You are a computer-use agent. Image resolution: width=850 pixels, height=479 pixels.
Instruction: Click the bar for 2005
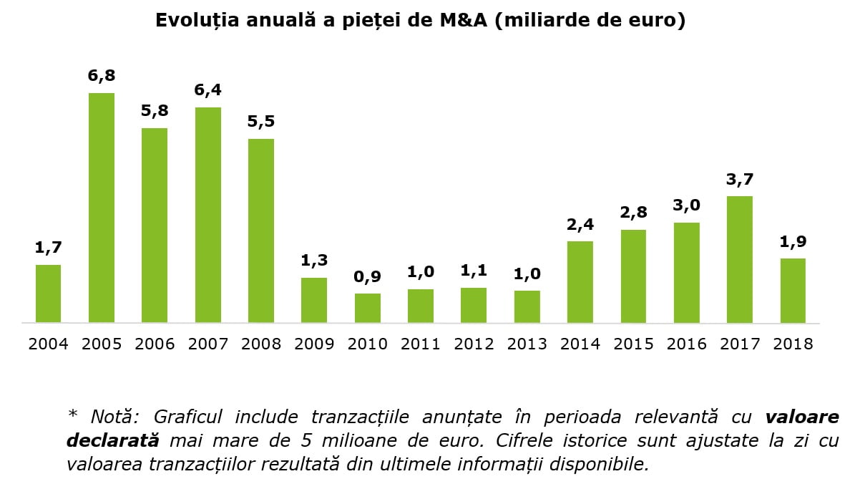[x=102, y=208]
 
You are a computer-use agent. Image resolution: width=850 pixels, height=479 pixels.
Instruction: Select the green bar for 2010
[x=368, y=308]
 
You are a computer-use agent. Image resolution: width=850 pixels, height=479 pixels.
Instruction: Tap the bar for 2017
[x=740, y=259]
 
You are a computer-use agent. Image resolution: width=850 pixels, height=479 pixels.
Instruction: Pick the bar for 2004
[x=48, y=294]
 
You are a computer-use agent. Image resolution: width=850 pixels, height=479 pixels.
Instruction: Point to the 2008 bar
[x=261, y=231]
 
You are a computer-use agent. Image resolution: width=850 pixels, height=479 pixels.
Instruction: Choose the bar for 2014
[x=580, y=282]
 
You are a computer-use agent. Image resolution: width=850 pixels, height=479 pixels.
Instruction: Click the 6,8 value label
[x=102, y=76]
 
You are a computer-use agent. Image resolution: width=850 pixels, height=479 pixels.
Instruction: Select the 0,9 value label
[x=368, y=276]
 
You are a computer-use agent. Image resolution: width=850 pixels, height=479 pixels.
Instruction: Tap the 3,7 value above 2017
[x=740, y=179]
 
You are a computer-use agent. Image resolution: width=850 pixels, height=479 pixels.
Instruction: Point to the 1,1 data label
[x=474, y=271]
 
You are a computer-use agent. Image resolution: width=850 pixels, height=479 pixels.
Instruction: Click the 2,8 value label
[x=633, y=213]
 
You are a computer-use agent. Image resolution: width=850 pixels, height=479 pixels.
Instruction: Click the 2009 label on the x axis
[x=314, y=344]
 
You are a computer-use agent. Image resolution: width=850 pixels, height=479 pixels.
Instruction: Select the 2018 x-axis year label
[x=793, y=344]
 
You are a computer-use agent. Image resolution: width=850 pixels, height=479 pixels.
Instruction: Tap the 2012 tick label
[x=474, y=344]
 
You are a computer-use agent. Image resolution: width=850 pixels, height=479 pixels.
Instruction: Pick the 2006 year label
[x=155, y=344]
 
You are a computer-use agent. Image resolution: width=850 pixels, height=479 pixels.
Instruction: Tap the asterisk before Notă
[x=72, y=415]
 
